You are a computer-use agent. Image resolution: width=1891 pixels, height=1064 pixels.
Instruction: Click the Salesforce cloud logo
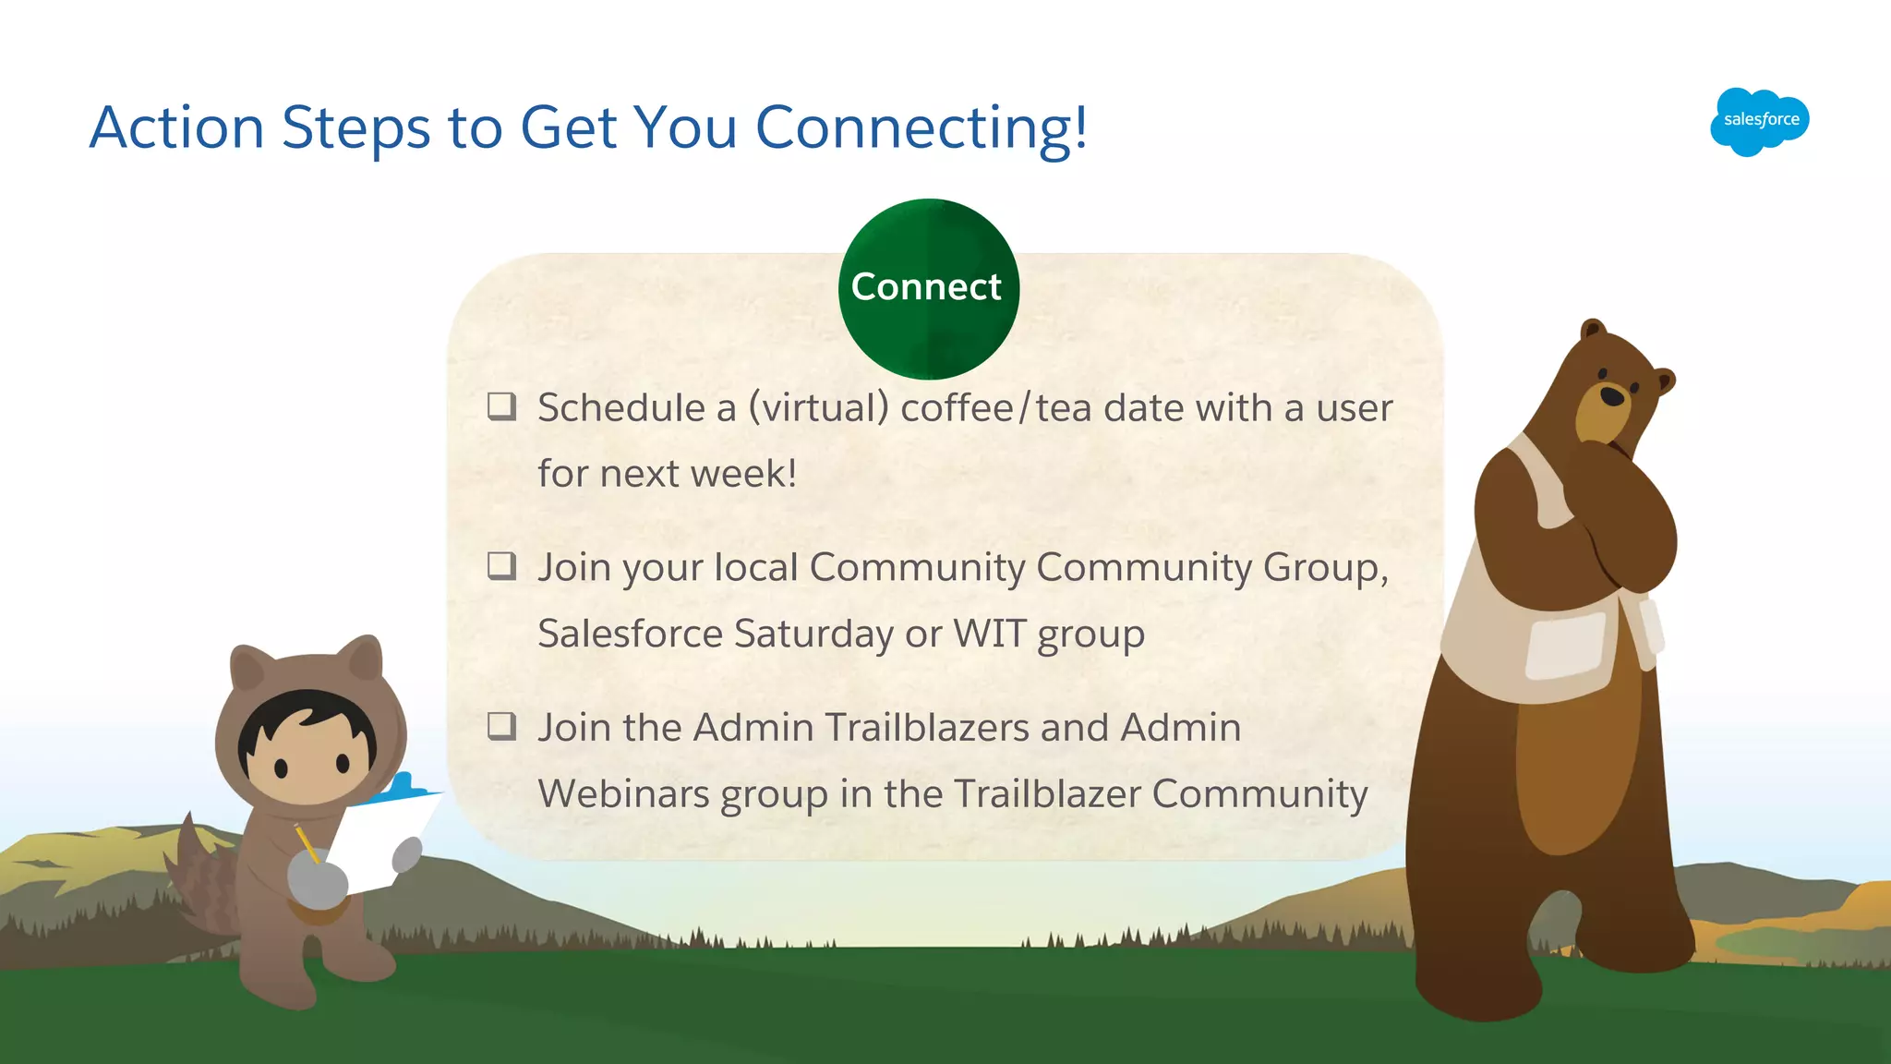click(1759, 121)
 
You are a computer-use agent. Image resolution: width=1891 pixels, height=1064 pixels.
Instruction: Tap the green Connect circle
click(928, 288)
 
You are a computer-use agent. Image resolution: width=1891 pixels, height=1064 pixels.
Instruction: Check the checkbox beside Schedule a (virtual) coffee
click(501, 405)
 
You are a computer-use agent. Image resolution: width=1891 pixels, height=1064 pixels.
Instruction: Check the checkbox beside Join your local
click(501, 565)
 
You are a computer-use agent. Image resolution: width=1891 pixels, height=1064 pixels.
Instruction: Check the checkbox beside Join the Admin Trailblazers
click(501, 726)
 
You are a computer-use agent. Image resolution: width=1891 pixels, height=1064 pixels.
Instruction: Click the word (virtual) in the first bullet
click(818, 408)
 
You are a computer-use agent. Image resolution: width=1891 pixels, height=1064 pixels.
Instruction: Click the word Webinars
click(623, 793)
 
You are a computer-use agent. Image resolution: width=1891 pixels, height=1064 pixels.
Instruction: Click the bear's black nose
click(1612, 396)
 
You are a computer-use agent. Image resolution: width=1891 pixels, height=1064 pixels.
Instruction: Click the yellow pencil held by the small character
click(307, 843)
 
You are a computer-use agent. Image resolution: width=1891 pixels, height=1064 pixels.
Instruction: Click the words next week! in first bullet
click(697, 474)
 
